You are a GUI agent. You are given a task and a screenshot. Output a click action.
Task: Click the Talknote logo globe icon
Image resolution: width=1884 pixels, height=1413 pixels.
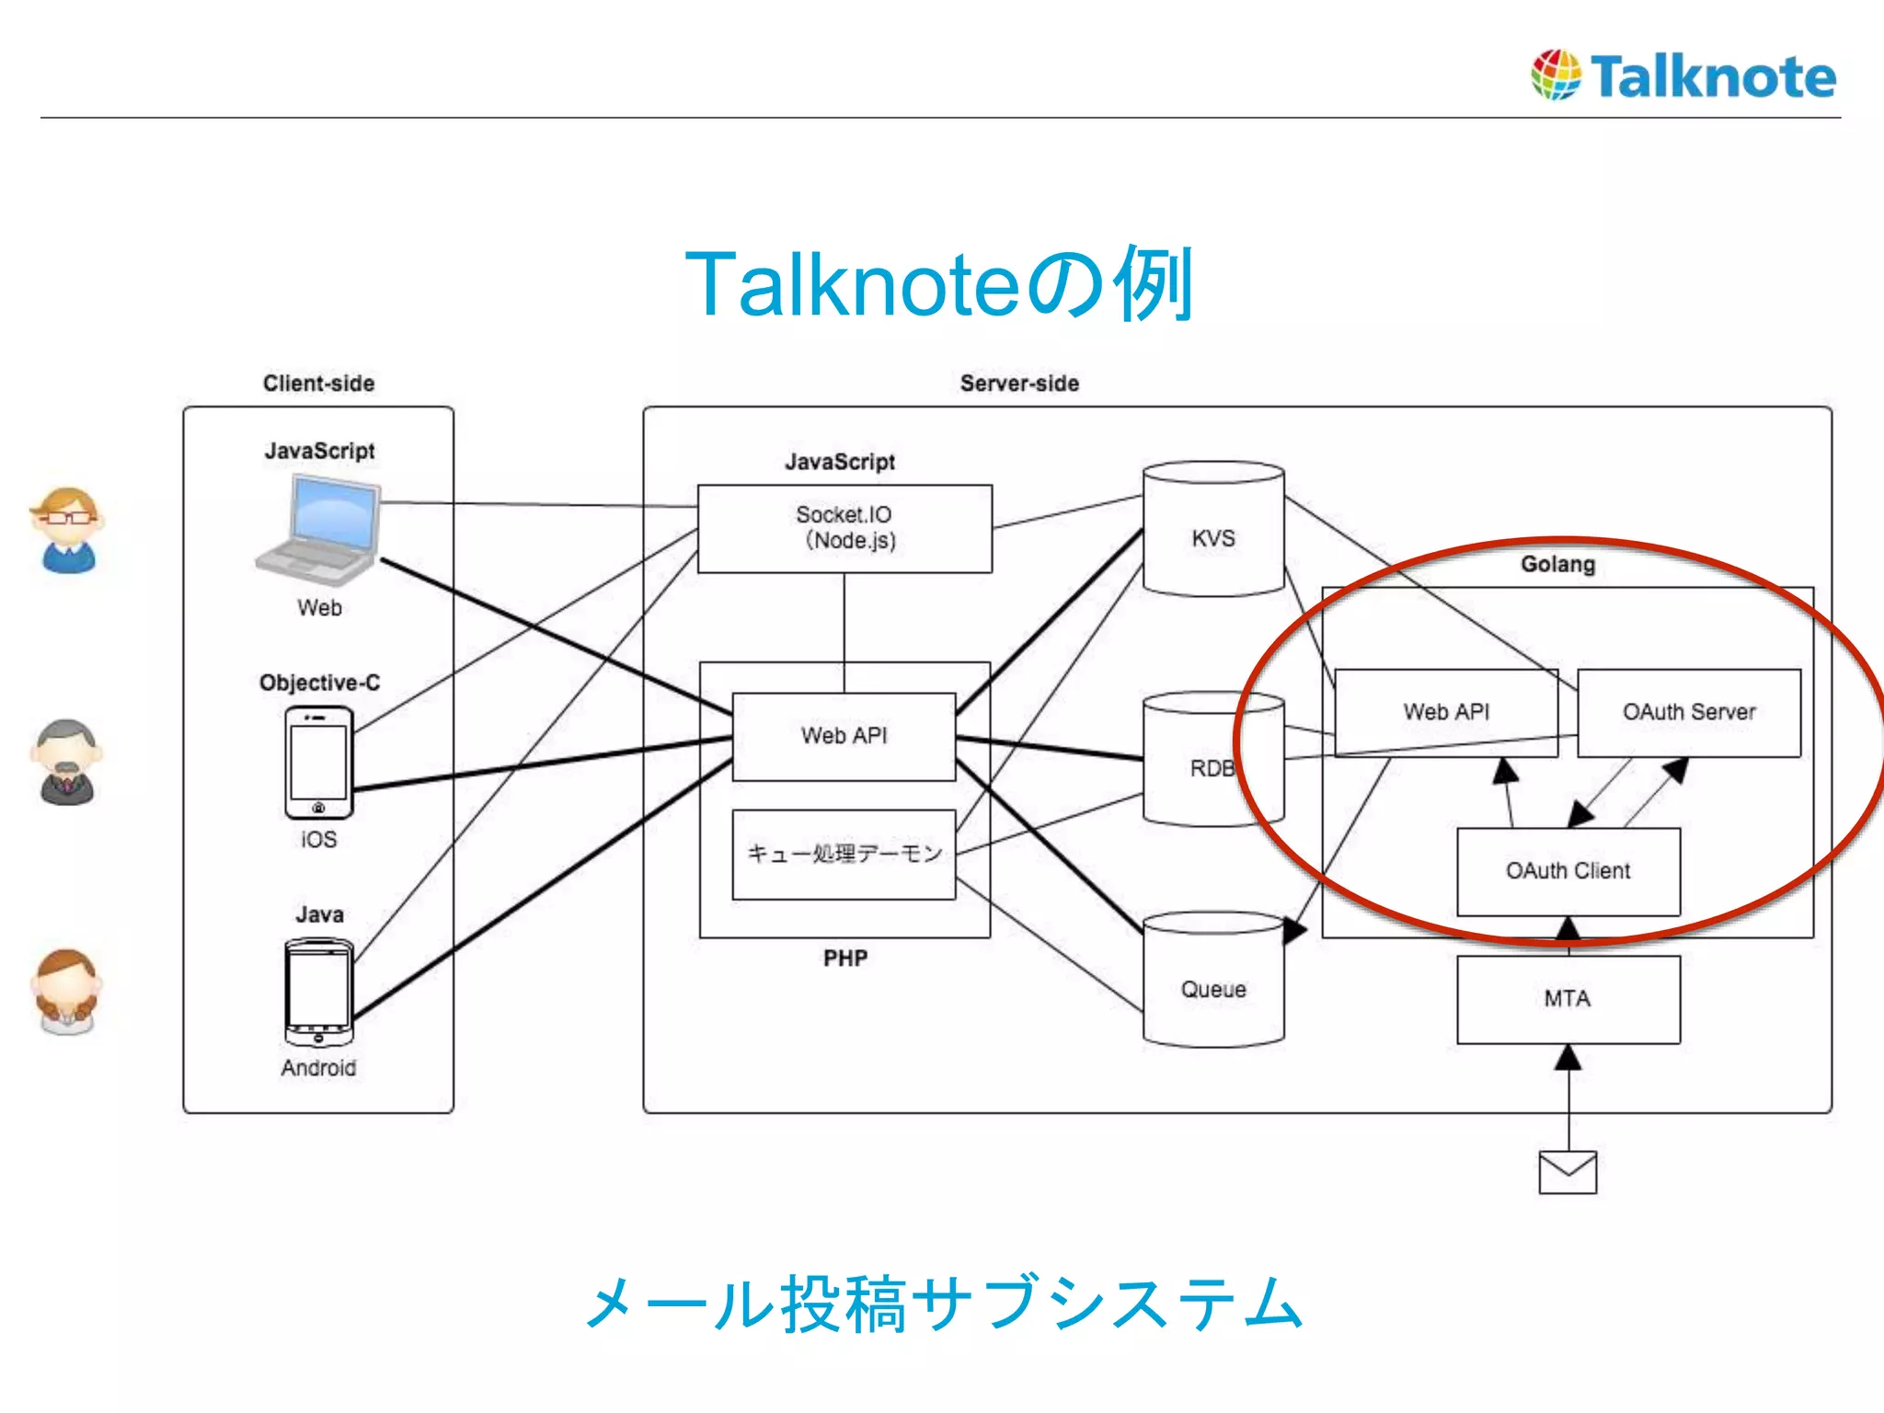[x=1556, y=75]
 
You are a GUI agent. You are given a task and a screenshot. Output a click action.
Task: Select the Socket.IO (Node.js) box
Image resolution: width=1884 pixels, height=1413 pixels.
[x=844, y=528]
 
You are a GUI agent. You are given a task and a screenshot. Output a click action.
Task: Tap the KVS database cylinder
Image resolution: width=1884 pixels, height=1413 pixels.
[x=1212, y=530]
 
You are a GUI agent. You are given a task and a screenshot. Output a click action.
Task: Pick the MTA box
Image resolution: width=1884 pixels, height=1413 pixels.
[x=1568, y=999]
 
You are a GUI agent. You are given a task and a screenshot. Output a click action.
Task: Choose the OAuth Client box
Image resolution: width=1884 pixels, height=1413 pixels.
[x=1568, y=871]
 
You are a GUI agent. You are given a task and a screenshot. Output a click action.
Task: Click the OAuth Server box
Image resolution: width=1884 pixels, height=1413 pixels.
[x=1689, y=713]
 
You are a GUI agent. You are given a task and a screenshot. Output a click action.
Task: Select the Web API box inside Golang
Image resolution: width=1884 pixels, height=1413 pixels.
[x=1445, y=713]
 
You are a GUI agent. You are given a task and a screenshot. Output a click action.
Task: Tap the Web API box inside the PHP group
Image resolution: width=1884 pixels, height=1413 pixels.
[x=844, y=736]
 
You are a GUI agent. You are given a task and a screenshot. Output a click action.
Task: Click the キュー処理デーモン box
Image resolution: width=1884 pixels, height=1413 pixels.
[x=844, y=854]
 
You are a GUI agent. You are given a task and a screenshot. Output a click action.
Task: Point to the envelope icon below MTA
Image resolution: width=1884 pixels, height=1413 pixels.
[x=1568, y=1172]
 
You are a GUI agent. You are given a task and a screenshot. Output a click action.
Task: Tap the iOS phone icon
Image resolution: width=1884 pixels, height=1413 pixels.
[x=318, y=763]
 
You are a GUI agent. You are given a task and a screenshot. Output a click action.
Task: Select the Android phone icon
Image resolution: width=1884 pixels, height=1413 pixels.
[x=318, y=993]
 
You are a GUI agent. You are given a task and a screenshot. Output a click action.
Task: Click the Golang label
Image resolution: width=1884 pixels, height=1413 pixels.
[x=1557, y=564]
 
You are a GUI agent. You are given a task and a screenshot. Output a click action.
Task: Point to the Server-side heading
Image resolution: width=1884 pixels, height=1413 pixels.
[x=1019, y=384]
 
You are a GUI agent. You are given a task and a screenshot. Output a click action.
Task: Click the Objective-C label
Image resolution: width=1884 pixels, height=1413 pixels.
[x=319, y=683]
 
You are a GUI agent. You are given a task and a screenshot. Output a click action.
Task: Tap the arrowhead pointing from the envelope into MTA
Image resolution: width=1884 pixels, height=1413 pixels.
[x=1568, y=1058]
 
